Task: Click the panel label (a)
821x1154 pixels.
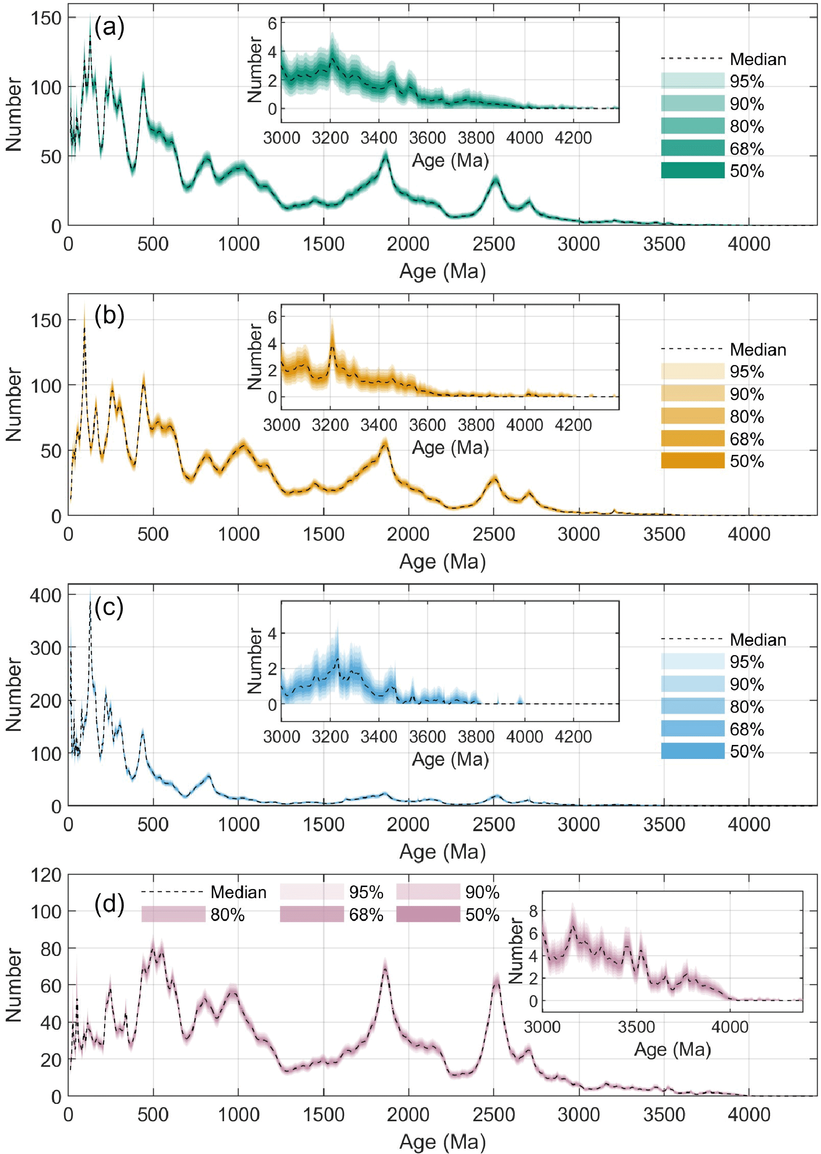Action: pos(109,27)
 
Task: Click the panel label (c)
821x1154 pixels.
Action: pos(109,607)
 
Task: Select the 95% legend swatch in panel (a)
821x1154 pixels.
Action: pos(692,81)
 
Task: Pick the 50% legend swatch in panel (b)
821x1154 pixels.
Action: pos(692,461)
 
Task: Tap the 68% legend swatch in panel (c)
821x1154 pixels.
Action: pos(692,729)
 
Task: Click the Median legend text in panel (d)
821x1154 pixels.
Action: pos(238,892)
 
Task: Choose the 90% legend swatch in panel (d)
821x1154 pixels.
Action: pos(428,892)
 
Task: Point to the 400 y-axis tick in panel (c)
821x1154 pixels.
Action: pos(45,595)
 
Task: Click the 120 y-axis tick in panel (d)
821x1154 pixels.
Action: pos(45,875)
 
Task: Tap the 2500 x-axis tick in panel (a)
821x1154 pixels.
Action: pos(493,244)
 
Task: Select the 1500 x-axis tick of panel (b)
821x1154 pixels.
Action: pos(324,534)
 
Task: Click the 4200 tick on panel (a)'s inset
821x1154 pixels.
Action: pos(573,137)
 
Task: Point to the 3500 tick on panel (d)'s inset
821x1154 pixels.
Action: pos(636,1027)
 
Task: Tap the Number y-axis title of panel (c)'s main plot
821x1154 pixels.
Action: pos(13,694)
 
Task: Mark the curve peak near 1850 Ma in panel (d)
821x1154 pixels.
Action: pos(385,966)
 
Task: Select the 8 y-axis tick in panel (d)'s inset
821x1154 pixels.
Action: pos(533,911)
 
